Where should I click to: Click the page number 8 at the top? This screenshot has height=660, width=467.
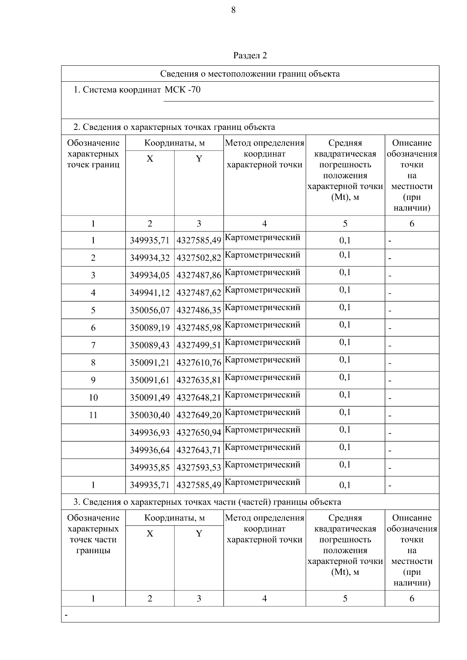click(x=233, y=11)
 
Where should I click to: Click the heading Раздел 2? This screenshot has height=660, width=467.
click(x=250, y=56)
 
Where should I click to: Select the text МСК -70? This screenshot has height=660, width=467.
click(x=183, y=90)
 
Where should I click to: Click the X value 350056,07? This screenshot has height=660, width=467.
click(x=150, y=310)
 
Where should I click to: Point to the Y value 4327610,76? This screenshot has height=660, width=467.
click(x=199, y=363)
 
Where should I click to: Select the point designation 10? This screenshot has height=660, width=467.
click(x=93, y=398)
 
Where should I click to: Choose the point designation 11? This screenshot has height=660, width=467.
click(x=93, y=415)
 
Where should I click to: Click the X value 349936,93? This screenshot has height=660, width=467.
click(x=150, y=433)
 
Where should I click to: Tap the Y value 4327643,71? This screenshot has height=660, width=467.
click(x=199, y=450)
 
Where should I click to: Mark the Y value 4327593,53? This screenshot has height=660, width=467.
click(x=199, y=468)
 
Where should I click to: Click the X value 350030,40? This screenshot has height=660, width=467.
click(x=150, y=415)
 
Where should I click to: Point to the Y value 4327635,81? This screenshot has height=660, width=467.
click(x=199, y=380)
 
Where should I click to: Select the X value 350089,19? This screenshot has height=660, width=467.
click(x=150, y=328)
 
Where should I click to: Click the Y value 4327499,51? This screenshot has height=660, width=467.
click(x=199, y=345)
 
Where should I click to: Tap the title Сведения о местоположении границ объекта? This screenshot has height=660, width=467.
click(x=250, y=74)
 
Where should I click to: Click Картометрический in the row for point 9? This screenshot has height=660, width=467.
click(x=263, y=378)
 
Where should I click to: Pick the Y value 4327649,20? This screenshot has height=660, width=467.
click(x=199, y=415)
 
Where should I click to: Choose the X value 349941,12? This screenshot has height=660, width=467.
click(x=150, y=293)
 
